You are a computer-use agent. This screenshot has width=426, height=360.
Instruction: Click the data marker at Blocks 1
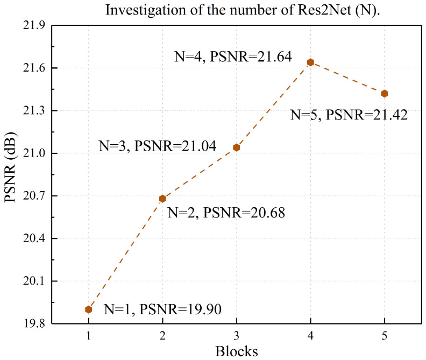click(x=89, y=309)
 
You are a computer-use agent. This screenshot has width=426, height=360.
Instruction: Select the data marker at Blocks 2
click(x=162, y=199)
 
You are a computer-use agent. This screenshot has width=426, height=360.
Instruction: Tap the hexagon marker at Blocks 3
click(x=236, y=147)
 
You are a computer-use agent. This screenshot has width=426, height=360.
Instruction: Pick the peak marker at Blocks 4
click(x=310, y=62)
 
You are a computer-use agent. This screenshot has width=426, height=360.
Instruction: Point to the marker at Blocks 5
click(x=384, y=94)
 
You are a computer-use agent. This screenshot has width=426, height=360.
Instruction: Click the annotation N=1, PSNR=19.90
click(x=162, y=309)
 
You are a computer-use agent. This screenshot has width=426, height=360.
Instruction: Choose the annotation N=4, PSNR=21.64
click(x=233, y=57)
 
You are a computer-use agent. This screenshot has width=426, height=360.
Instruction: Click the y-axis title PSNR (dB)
click(x=12, y=175)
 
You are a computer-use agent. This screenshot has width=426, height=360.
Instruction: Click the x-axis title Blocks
click(x=237, y=351)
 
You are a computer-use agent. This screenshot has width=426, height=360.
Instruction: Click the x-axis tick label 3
click(x=236, y=336)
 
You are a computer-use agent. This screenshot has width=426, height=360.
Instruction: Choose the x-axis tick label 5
click(x=384, y=336)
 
